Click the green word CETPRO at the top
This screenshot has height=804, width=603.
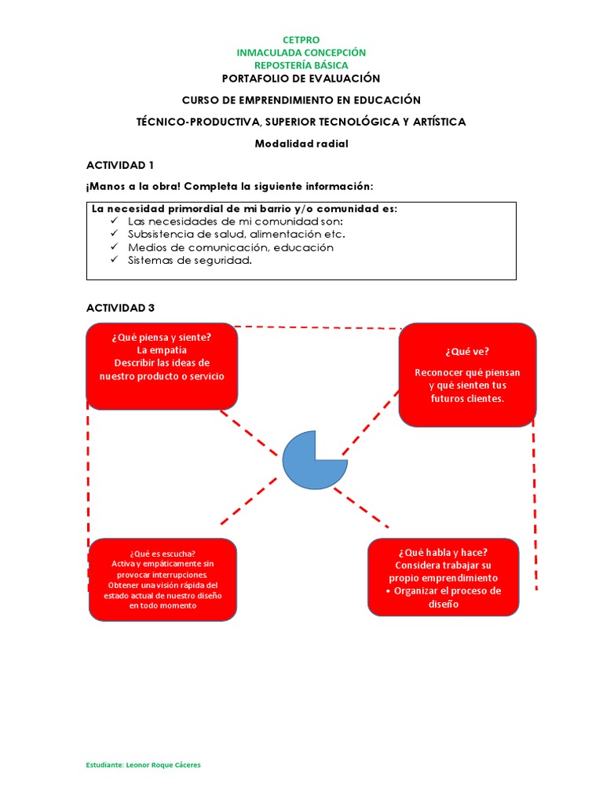pos(301,40)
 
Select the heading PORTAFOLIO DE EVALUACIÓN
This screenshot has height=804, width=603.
pos(301,79)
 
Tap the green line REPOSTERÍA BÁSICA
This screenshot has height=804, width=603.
pos(301,65)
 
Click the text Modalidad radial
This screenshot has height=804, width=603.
pos(301,144)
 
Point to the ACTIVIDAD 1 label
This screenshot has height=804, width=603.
pos(119,165)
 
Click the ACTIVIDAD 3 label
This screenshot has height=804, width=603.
pos(119,307)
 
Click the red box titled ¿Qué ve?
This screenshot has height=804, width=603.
pos(467,375)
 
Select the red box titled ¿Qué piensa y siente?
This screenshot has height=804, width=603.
pos(162,366)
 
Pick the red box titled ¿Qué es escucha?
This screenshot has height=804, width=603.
pos(163,579)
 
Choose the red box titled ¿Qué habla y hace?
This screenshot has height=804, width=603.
pos(443,577)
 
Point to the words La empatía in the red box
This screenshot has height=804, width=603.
pos(162,350)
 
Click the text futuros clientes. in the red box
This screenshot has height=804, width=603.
pos(467,399)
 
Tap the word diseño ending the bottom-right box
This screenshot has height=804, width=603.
pos(443,604)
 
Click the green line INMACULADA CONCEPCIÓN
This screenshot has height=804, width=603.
pos(301,53)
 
